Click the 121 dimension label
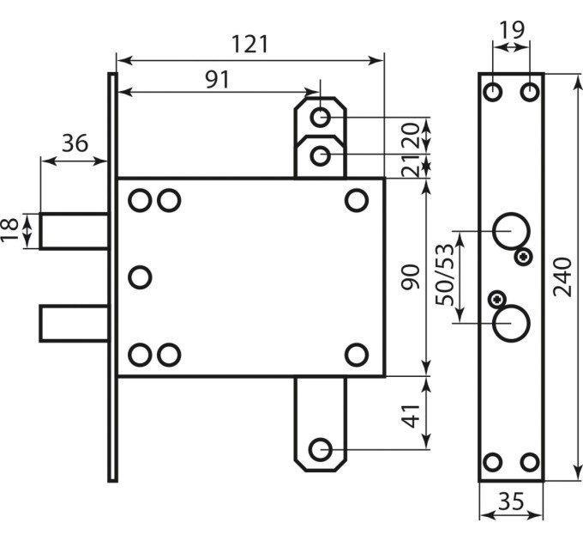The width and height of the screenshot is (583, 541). pyautogui.click(x=249, y=44)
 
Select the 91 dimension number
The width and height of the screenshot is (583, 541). pyautogui.click(x=219, y=79)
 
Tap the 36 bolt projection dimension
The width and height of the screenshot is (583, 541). pyautogui.click(x=75, y=143)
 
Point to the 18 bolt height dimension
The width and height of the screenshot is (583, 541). pyautogui.click(x=10, y=230)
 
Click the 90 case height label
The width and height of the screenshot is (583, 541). pyautogui.click(x=411, y=277)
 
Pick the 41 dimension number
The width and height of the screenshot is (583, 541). pyautogui.click(x=412, y=416)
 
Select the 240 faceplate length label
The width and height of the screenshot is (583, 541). pyautogui.click(x=562, y=277)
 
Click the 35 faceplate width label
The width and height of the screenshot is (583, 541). pyautogui.click(x=511, y=501)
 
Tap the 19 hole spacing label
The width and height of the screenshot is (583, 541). pyautogui.click(x=511, y=30)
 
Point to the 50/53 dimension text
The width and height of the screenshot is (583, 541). pyautogui.click(x=446, y=275)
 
